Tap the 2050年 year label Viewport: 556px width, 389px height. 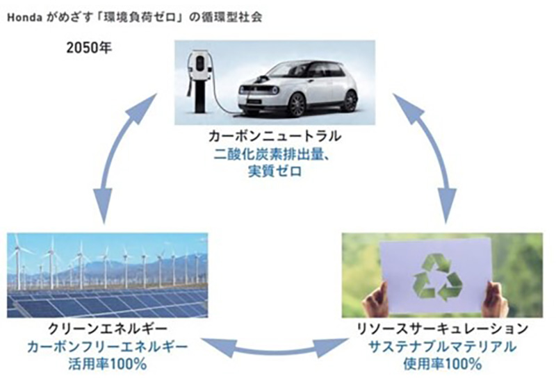tap(89, 48)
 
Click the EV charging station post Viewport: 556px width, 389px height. tap(199, 82)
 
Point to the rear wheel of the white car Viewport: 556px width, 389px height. tap(350, 101)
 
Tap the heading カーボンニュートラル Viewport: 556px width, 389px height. tap(275, 136)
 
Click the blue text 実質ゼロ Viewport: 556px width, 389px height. tap(275, 172)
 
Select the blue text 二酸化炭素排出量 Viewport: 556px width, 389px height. tap(268, 154)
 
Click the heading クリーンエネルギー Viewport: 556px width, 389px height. tap(108, 329)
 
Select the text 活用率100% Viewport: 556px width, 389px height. tap(108, 364)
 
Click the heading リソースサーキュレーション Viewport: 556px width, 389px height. tap(442, 329)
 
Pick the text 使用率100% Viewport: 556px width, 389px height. tap(442, 364)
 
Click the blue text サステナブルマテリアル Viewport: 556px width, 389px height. tap(442, 347)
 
